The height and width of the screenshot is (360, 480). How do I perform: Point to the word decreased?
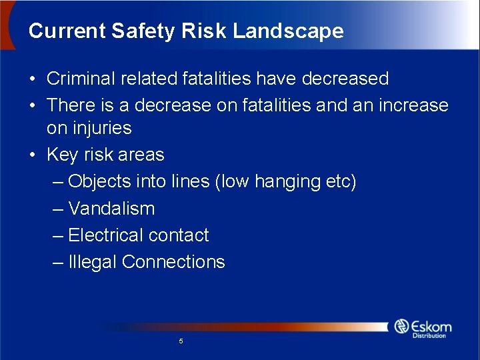pos(345,79)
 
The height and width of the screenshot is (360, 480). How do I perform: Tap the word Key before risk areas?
pos(62,155)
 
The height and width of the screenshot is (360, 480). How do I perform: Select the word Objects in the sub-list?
pos(99,181)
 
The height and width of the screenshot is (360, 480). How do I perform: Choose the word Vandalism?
pos(111,209)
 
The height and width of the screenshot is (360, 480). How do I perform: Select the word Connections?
pos(174,262)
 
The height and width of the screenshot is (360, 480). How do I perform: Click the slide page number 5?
pos(181,341)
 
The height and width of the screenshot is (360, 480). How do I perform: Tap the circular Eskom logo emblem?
pos(401,326)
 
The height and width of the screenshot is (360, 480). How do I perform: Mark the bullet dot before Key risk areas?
pos(33,155)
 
